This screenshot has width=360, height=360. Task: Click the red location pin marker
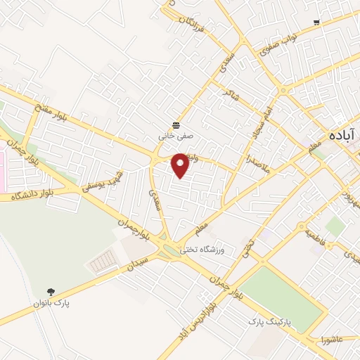tap(181, 165)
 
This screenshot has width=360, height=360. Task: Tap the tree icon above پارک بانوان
tap(51, 290)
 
